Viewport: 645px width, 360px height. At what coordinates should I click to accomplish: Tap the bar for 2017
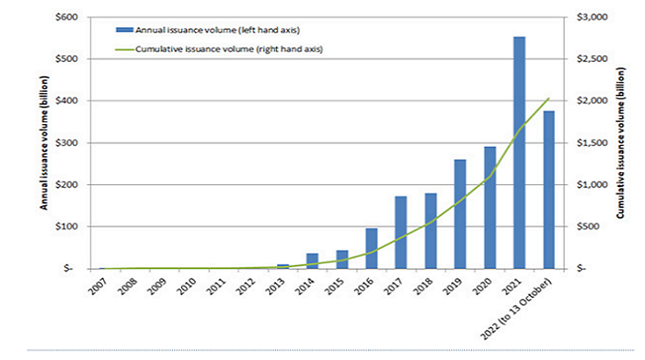pos(401,232)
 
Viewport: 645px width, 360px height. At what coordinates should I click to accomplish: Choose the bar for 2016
pos(371,248)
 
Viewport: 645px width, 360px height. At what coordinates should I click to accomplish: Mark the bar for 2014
pos(312,260)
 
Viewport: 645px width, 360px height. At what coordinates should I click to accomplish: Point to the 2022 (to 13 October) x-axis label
pos(528,302)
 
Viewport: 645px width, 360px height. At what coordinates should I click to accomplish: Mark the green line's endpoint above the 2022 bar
pos(549,98)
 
